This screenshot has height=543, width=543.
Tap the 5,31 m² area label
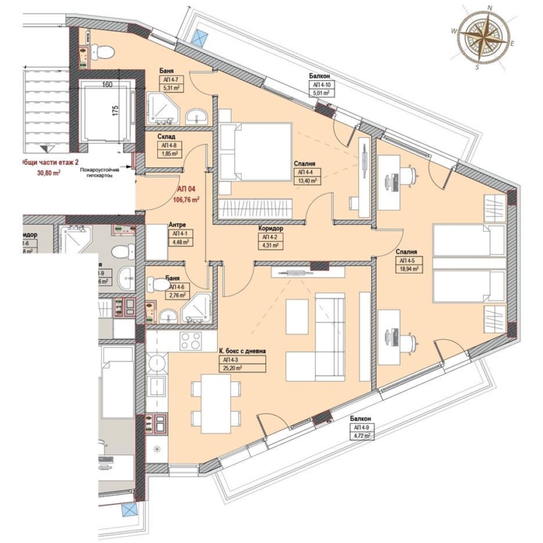(171, 88)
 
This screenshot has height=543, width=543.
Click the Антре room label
(178, 225)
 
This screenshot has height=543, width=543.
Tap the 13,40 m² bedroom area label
(307, 180)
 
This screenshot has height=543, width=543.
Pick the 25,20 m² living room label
(231, 369)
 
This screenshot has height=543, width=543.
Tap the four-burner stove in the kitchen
(189, 341)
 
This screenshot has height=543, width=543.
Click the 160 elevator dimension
(107, 86)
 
